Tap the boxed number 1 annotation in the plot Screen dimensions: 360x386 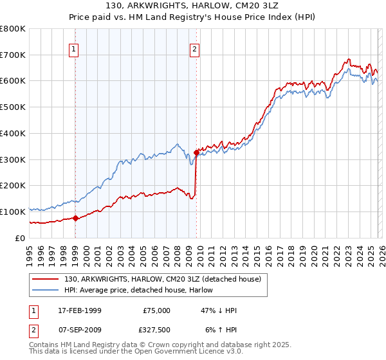pyautogui.click(x=74, y=48)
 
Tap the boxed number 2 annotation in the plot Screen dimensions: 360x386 pyautogui.click(x=194, y=48)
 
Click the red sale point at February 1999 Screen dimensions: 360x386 pyautogui.click(x=75, y=218)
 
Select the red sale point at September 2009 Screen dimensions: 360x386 pyautogui.click(x=196, y=152)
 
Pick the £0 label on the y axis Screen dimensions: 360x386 pyautogui.click(x=21, y=238)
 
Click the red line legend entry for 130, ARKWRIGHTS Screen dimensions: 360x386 pyautogui.click(x=162, y=279)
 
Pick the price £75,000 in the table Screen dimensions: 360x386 pyautogui.click(x=156, y=310)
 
